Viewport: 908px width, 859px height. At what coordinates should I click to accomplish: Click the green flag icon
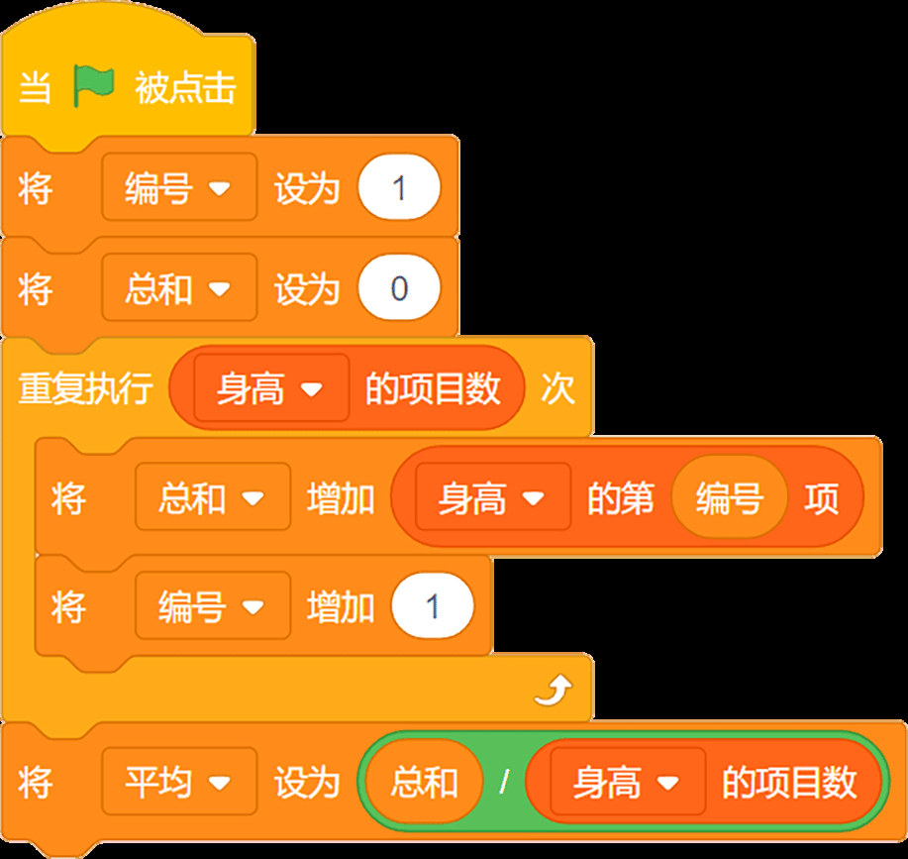[x=93, y=86]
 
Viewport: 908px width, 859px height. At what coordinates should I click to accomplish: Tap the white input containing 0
[x=399, y=287]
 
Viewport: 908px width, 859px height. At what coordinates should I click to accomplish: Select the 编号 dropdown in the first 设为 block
[x=179, y=186]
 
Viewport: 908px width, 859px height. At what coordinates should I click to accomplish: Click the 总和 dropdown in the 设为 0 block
[x=179, y=287]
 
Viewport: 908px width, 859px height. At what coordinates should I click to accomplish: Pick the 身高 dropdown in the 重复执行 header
[x=271, y=387]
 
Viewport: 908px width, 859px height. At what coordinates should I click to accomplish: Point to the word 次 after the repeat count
[x=557, y=387]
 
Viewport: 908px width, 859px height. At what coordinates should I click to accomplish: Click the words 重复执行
[x=86, y=387]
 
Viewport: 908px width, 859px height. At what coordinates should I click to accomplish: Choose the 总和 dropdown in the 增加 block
[x=213, y=496]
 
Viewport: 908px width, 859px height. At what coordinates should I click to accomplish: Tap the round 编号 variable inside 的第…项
[x=729, y=497]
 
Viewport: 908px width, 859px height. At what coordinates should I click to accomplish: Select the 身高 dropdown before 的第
[x=493, y=496]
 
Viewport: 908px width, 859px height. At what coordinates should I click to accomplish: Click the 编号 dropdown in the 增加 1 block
[x=213, y=605]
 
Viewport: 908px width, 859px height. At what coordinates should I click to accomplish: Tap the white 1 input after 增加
[x=433, y=605]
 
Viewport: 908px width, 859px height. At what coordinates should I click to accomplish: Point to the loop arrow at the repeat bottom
[x=554, y=690]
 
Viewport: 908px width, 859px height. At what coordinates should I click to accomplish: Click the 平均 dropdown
[x=179, y=782]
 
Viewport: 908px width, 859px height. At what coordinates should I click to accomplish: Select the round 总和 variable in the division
[x=425, y=782]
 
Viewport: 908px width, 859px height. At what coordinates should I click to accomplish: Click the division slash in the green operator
[x=504, y=782]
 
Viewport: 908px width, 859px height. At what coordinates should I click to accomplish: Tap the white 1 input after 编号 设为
[x=399, y=186]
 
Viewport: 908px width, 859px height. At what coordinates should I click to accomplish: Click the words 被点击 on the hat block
[x=185, y=87]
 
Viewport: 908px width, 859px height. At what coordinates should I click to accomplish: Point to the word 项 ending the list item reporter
[x=822, y=497]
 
